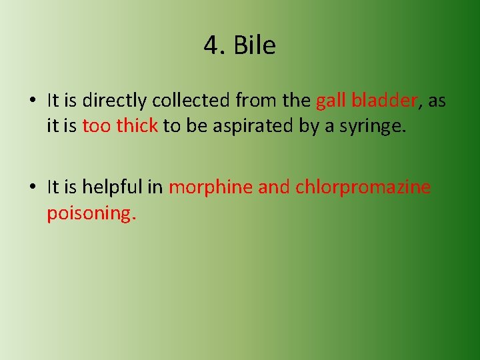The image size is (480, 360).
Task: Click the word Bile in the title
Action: (x=254, y=45)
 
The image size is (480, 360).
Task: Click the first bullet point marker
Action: (x=32, y=101)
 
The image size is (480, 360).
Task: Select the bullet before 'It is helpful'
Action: (x=32, y=187)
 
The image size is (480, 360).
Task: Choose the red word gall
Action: (x=331, y=101)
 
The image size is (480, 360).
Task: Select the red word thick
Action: (x=137, y=125)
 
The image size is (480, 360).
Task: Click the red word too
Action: (x=96, y=125)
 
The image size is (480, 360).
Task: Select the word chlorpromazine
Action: (x=363, y=187)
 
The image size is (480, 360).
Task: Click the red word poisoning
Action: (x=91, y=213)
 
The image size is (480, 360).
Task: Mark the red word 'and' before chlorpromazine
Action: (x=274, y=187)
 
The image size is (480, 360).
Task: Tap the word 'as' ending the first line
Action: (x=437, y=101)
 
